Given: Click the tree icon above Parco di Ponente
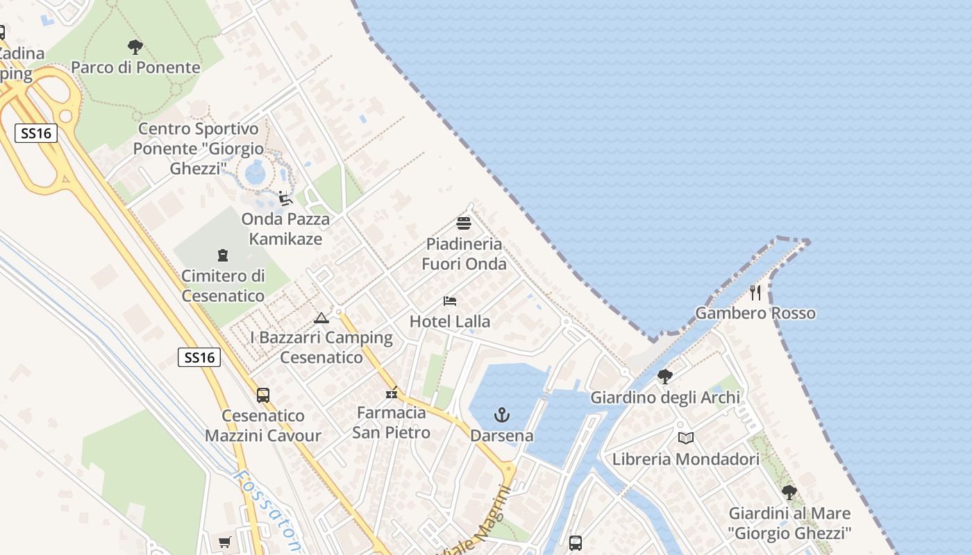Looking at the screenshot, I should pos(135,47).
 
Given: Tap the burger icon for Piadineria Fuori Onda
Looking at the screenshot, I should pos(464,223).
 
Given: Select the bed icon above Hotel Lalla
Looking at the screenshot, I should pos(450,301).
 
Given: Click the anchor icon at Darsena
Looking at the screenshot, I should pos(501,415).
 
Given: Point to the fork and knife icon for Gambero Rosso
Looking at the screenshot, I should pos(755,293).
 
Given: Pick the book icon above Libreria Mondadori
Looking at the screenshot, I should pos(685,438).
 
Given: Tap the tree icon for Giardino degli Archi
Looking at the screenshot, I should pos(664,377).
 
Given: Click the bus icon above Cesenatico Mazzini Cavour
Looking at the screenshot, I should pos(263,395).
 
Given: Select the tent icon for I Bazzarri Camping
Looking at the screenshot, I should pos(321,318).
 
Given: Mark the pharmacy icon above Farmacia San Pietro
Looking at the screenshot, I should pos(392,393).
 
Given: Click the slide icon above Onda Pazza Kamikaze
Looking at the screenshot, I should pos(285,198).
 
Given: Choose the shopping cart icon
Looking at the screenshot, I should pos(224,542).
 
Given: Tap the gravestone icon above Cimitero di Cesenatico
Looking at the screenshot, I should pos(223,255).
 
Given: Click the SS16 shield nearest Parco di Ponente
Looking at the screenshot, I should pos(36,133).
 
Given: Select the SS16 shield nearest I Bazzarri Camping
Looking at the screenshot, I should pos(200,357).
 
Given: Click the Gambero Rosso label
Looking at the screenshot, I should pos(755,313).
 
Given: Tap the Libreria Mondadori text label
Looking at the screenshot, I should pos(685,459).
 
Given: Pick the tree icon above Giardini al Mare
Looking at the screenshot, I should pos(789,493).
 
